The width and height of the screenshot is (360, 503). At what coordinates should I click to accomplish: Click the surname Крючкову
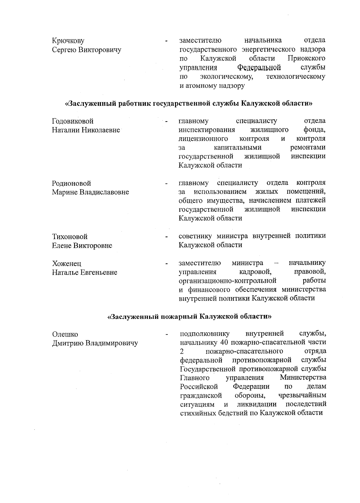click(68, 41)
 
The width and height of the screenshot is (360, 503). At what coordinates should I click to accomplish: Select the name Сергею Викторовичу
click(87, 50)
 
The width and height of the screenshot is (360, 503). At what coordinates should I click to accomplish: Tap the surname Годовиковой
click(73, 121)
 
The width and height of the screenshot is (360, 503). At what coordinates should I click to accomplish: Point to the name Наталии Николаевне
click(86, 130)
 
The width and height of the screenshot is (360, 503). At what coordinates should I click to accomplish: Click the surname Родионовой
click(72, 183)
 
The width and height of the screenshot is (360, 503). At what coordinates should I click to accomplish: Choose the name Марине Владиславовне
click(91, 192)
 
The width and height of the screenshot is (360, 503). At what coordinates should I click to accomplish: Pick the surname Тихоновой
click(70, 237)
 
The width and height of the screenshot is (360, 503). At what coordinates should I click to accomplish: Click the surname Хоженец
click(67, 264)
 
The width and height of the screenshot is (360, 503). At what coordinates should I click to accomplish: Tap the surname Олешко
click(65, 334)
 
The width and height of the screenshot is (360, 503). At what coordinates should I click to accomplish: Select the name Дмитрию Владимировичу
click(95, 343)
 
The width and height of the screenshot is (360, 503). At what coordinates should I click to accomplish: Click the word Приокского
click(306, 58)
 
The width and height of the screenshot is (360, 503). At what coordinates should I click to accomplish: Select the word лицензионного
click(203, 139)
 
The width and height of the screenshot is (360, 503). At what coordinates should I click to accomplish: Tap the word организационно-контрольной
click(227, 281)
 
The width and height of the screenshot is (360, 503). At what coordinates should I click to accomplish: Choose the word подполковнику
click(205, 334)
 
